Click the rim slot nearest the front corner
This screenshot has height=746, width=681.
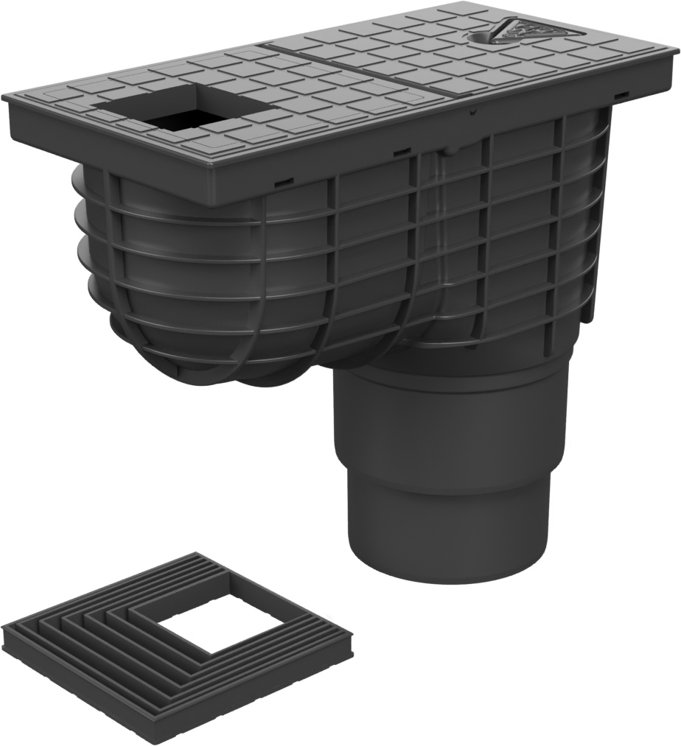pyautogui.click(x=284, y=179)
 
